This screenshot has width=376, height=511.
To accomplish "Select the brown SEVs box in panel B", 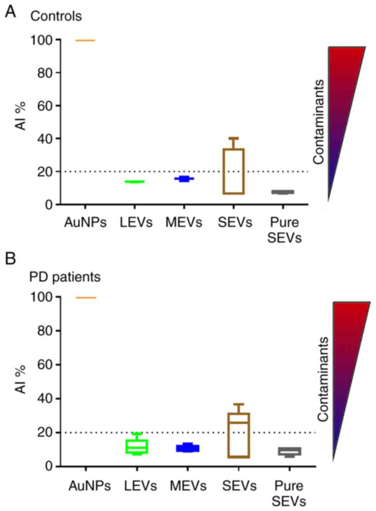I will click(239, 435).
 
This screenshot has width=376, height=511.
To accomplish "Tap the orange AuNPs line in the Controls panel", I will click(85, 40).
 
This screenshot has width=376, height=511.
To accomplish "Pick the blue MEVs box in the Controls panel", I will click(184, 179).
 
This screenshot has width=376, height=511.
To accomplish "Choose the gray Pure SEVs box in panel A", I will click(283, 192).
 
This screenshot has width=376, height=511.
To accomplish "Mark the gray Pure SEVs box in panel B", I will click(289, 451).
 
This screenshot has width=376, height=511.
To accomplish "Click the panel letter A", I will click(10, 12).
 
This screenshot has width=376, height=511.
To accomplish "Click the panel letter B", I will click(10, 258).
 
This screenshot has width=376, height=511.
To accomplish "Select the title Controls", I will click(56, 16).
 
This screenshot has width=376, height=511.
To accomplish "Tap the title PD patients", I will click(65, 277).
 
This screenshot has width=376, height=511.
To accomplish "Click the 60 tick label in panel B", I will click(45, 365).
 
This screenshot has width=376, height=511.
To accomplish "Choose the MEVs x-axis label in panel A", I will click(184, 222).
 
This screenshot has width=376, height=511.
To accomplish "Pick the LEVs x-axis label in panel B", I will click(140, 486).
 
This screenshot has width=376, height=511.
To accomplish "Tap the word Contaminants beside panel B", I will click(323, 379).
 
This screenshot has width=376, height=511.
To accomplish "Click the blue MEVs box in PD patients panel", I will click(188, 448).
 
